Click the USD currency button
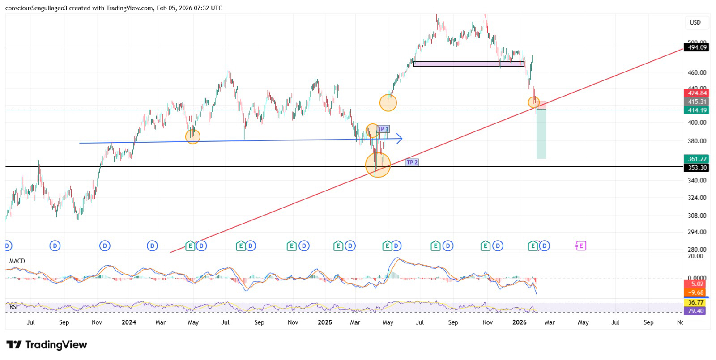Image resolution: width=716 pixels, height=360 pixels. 695,22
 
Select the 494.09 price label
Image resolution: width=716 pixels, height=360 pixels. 697,47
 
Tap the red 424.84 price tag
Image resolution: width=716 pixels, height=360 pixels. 697,93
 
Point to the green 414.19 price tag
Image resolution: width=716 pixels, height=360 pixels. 697,110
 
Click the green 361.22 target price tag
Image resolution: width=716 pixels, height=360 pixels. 697,159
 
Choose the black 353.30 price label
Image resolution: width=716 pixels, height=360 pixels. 697,168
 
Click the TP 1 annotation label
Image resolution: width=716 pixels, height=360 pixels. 384,129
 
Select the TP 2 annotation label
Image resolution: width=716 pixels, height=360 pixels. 412,162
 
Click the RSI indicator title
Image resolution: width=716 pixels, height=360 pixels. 14,307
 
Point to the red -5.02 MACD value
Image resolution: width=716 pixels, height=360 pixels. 696,284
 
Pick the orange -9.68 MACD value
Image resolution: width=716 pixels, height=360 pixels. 696,292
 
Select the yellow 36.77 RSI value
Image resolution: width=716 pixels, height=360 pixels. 696,303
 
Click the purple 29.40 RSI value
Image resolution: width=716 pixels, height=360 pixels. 696,311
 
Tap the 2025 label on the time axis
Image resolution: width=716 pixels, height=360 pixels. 325,322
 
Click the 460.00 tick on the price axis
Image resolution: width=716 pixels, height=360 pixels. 697,72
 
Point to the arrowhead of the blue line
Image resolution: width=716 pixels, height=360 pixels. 399,139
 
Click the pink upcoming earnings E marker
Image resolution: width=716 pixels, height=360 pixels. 580,246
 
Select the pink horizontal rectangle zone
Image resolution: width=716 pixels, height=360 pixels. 469,64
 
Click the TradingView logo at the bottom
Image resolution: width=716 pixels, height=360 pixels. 47,345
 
